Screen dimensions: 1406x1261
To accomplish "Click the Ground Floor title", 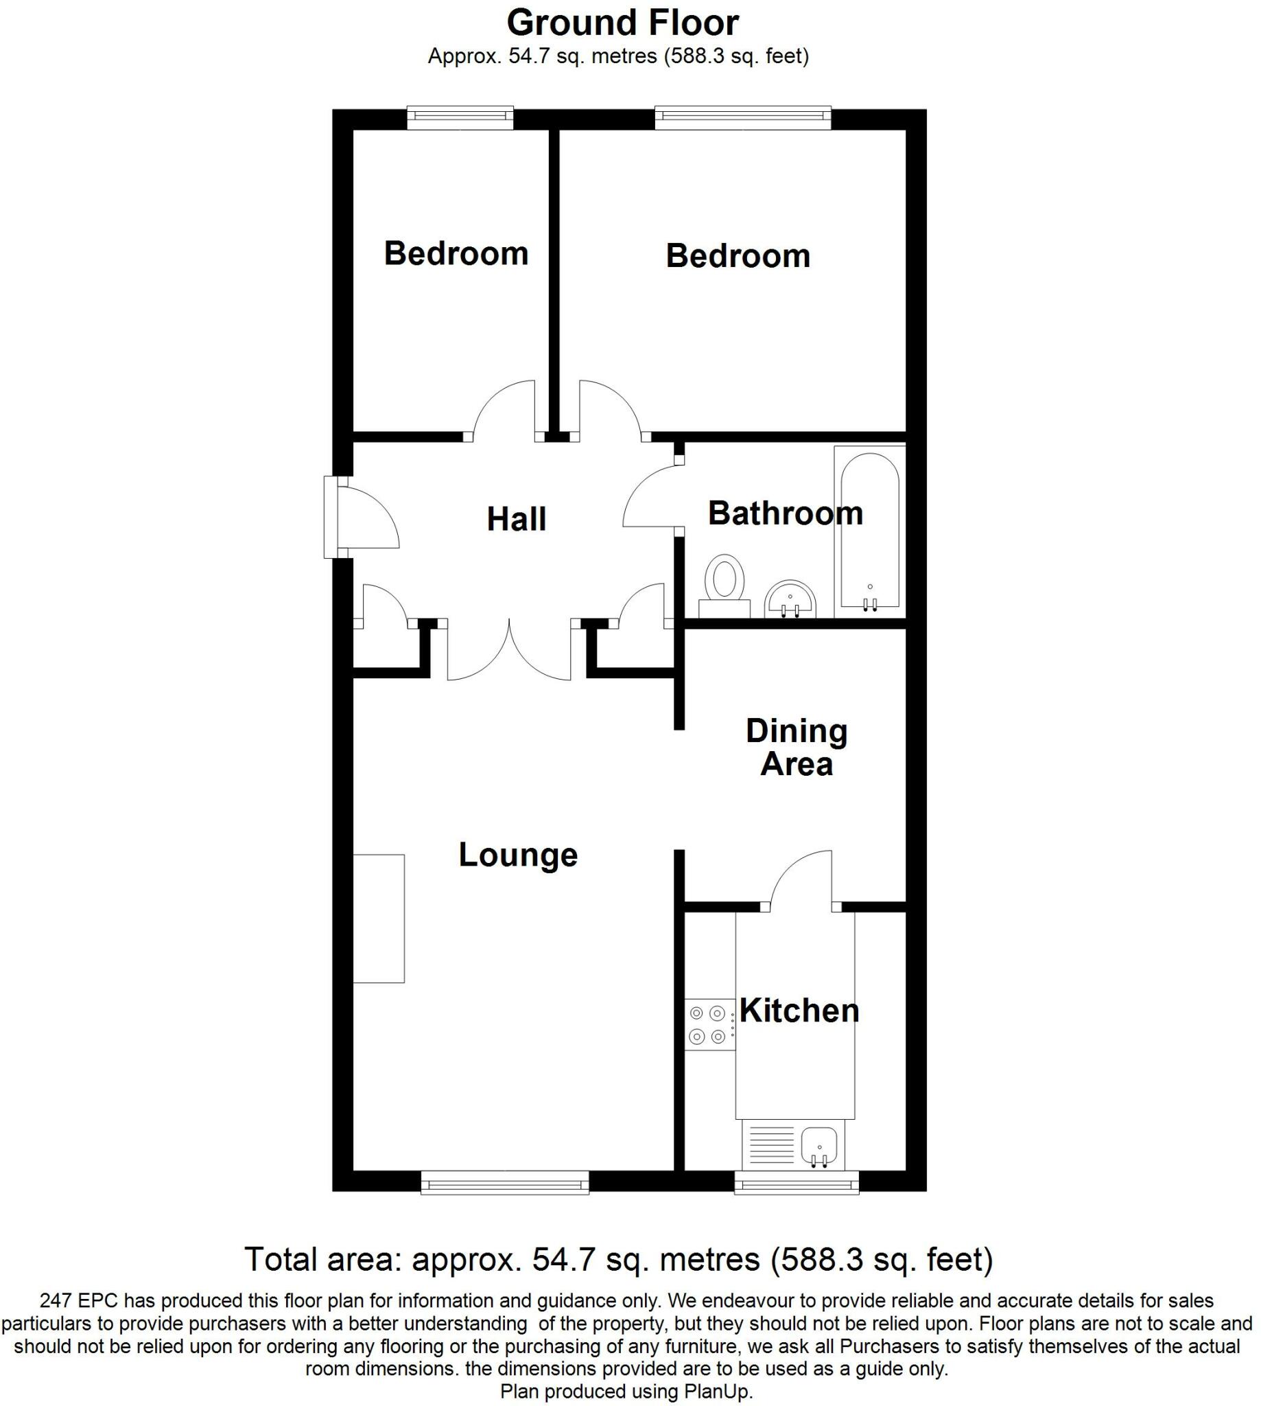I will [622, 23].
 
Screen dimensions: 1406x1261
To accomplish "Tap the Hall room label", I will [516, 519].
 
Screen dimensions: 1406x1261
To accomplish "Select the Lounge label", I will [517, 855].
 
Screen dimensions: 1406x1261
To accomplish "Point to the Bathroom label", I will [785, 514].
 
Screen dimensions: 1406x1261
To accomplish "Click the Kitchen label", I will [799, 1011].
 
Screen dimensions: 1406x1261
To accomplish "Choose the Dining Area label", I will [796, 748].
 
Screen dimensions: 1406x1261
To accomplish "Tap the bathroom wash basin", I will [790, 599].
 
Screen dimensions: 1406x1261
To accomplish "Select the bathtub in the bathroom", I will [869, 531].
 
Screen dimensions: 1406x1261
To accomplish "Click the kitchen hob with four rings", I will [709, 1026].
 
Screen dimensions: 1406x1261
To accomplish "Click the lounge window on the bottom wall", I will [505, 1182].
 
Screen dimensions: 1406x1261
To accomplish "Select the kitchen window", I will [796, 1182].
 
